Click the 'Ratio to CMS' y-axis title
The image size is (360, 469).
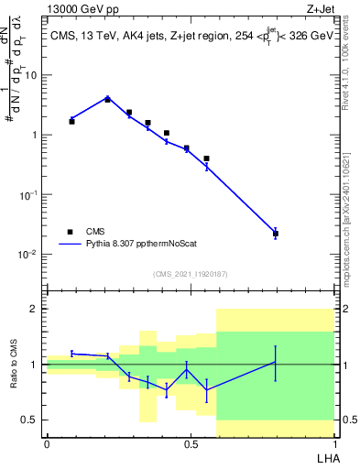coord(14,364)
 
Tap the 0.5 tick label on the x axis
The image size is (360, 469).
coord(191,444)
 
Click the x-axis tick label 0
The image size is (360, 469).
coord(47,444)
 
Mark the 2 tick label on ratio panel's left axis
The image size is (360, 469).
coord(35,310)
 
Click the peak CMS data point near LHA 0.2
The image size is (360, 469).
coord(107,99)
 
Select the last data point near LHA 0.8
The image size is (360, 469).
coord(275,234)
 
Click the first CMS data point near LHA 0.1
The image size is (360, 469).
coord(71,121)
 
